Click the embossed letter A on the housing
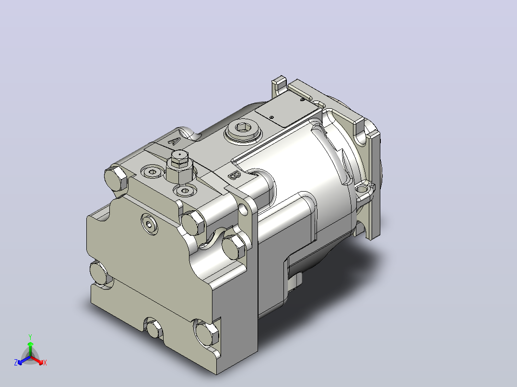pos(174,141)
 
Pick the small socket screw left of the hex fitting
pos(152,172)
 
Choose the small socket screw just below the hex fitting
pos(185,191)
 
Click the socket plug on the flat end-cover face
pos(149,224)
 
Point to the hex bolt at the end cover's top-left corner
pos(116,178)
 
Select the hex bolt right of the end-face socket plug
pos(193,222)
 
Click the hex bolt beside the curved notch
pos(234,246)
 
